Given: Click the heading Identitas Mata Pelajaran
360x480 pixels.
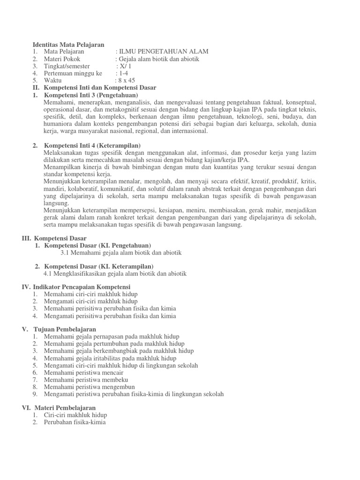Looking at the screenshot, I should click(x=68, y=44).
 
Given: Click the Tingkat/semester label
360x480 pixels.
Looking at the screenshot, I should click(x=67, y=66).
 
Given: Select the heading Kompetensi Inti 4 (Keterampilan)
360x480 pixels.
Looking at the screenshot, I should click(x=92, y=146).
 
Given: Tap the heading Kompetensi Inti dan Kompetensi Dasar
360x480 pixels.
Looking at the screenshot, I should click(x=100, y=88).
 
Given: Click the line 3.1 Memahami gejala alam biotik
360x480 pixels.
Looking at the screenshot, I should click(x=121, y=253).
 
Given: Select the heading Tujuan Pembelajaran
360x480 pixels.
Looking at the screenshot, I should click(x=65, y=329).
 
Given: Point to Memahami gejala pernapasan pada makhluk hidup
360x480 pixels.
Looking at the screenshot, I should click(x=112, y=337).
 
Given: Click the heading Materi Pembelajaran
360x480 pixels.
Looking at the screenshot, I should click(x=64, y=408).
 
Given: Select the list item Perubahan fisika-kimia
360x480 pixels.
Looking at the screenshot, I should click(x=75, y=422).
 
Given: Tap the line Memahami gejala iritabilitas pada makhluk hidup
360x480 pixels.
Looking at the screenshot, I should click(x=110, y=358).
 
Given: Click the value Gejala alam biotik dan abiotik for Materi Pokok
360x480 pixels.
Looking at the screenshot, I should click(x=159, y=59).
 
